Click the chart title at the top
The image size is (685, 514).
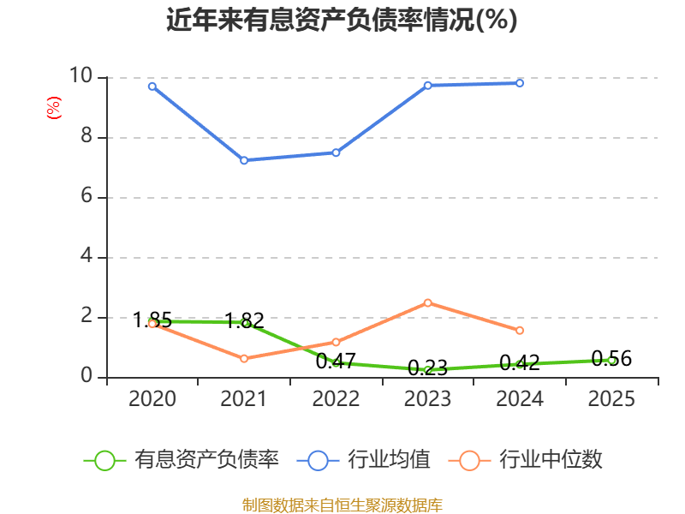342,21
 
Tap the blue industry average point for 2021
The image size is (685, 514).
244,160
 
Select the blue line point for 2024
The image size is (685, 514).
520,83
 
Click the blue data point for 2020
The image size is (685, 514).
152,86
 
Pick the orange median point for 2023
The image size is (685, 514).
427,302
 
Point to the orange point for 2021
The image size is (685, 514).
244,358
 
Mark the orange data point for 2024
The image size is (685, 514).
520,330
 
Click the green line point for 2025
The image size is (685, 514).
611,360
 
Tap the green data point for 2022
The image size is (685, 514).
336,363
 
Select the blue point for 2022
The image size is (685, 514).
336,152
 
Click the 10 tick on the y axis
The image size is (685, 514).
80,77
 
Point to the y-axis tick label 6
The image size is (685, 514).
86,197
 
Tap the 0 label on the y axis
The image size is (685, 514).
86,377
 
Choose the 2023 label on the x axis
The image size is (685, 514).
427,399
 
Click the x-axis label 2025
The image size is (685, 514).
611,399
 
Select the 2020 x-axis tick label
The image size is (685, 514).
152,399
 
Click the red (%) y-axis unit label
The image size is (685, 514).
53,109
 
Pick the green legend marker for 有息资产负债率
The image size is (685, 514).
104,460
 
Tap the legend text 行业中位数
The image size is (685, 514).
551,460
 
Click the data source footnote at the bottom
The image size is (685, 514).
342,505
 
